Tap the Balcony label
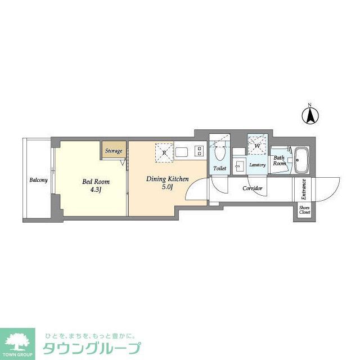(39, 180)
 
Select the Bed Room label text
(96, 182)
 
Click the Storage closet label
(113, 151)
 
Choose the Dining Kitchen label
(168, 179)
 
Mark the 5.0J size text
(167, 187)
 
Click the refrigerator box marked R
(164, 152)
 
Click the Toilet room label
(220, 168)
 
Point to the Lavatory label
(258, 165)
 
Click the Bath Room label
(280, 161)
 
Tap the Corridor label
(253, 188)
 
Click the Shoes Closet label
(304, 210)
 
